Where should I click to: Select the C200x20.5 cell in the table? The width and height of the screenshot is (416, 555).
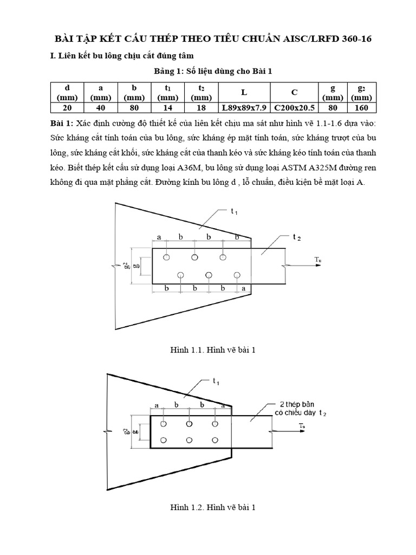tap(294, 107)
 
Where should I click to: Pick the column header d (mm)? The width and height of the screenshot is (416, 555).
tap(67, 92)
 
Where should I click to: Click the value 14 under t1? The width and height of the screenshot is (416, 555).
tap(167, 107)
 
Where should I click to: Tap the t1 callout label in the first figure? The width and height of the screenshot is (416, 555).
tap(234, 211)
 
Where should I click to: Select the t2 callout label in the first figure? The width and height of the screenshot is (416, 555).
tap(296, 237)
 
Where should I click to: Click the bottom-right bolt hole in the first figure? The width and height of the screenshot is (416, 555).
tap(237, 275)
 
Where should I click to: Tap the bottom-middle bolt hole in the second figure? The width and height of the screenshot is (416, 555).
tap(188, 440)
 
